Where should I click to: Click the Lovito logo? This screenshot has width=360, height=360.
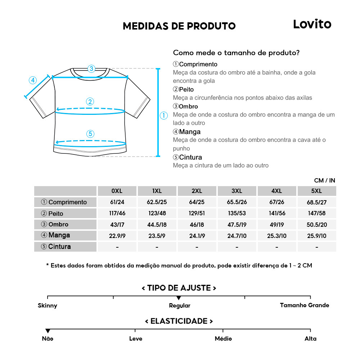tap(312, 24)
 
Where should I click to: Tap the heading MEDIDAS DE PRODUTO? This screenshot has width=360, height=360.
tap(179, 26)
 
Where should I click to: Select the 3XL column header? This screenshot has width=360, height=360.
tap(237, 191)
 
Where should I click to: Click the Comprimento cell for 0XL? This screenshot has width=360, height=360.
tap(117, 202)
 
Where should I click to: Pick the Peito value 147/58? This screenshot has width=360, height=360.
tap(316, 213)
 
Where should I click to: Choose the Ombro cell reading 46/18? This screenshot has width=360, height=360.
tap(197, 224)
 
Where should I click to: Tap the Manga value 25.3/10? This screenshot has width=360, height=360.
tap(276, 235)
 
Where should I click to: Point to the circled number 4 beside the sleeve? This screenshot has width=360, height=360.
tap(33, 80)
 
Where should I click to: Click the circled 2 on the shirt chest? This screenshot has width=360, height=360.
tap(90, 102)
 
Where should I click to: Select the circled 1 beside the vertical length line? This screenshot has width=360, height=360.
tap(164, 116)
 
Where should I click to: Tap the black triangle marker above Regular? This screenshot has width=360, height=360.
tap(179, 298)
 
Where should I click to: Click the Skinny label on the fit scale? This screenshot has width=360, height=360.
tap(48, 306)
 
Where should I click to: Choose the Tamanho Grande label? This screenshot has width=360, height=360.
tap(304, 305)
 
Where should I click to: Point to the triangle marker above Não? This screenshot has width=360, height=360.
tap(48, 331)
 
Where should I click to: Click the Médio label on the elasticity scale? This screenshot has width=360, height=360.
tap(223, 339)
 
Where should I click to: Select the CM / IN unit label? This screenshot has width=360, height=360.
tap(324, 180)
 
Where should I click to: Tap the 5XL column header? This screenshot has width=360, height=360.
tap(316, 191)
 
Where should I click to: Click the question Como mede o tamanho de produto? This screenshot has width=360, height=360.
tap(236, 53)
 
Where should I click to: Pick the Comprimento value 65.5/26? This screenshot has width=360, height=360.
tap(237, 202)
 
